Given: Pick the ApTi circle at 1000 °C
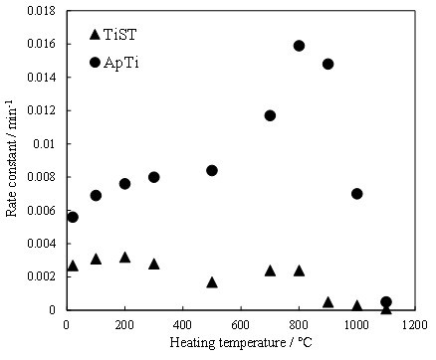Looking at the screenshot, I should [357, 194].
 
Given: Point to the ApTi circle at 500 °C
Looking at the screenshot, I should [212, 170].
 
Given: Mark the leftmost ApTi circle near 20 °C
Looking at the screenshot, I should [73, 217].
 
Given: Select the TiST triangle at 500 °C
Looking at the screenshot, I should [212, 282].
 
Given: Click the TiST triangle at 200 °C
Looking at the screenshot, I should [124, 258].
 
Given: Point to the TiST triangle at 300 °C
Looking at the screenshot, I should [154, 265].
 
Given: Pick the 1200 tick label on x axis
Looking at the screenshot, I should [415, 325].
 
